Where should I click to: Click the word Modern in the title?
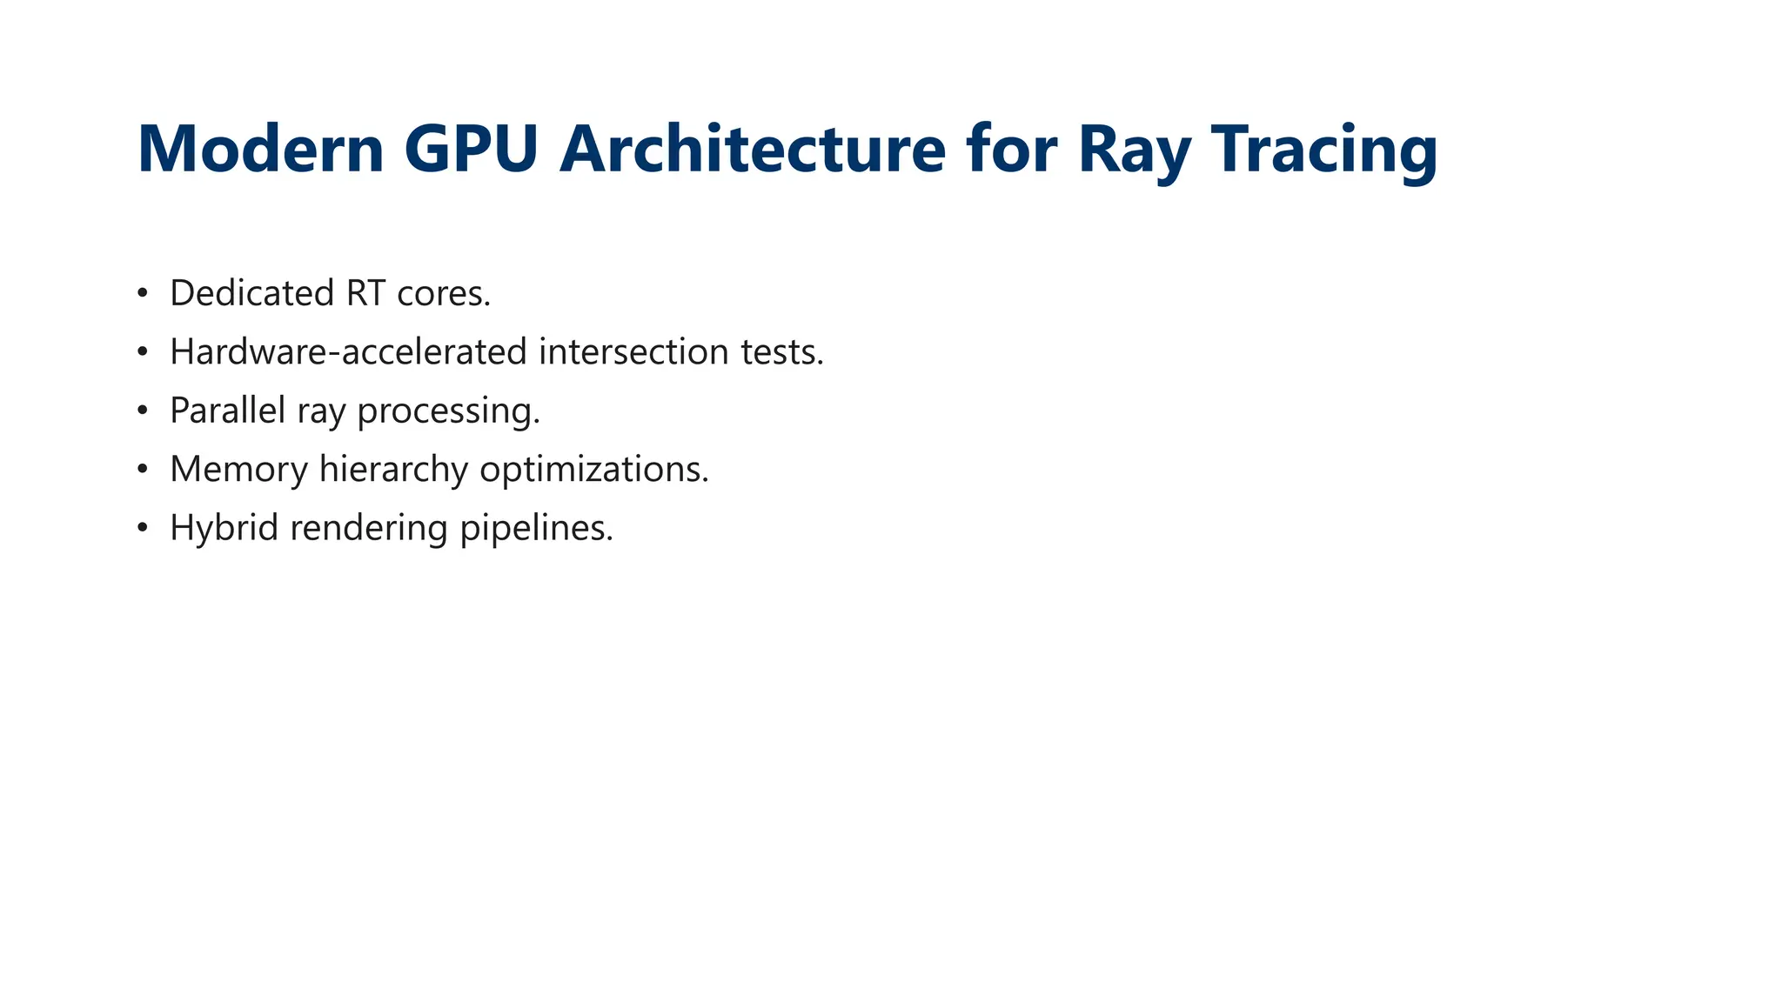pyautogui.click(x=260, y=150)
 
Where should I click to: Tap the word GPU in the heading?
pyautogui.click(x=470, y=150)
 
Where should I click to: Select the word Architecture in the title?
pyautogui.click(x=752, y=150)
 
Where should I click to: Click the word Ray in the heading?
pyautogui.click(x=1134, y=150)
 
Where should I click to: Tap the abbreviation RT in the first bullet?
pyautogui.click(x=365, y=293)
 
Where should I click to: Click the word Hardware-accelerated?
pyautogui.click(x=348, y=351)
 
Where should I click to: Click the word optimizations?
pyautogui.click(x=594, y=469)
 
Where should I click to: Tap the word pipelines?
pyautogui.click(x=536, y=527)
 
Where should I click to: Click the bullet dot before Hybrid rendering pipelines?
pyautogui.click(x=143, y=528)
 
